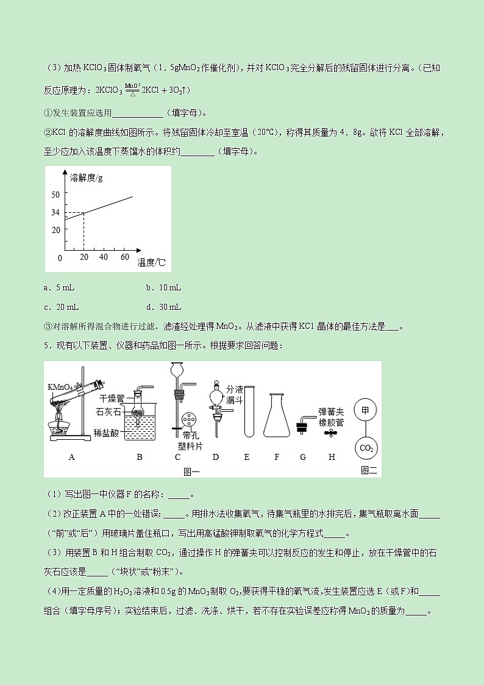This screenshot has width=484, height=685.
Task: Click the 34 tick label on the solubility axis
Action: [55, 212]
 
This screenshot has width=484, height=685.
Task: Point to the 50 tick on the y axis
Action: [55, 194]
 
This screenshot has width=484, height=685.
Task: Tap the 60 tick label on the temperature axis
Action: [125, 257]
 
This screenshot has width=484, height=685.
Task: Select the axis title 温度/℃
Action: [151, 263]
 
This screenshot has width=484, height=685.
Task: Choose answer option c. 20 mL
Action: [62, 307]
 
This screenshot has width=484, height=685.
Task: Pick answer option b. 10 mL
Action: [163, 287]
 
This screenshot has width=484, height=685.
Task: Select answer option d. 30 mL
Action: [163, 307]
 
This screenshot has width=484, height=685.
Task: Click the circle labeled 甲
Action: [365, 411]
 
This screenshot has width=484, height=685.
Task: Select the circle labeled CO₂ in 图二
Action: [366, 448]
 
